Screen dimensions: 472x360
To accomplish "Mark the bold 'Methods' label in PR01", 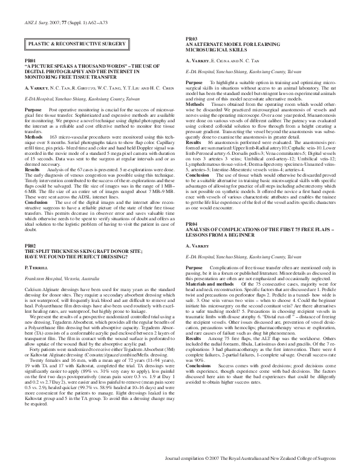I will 34,120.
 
